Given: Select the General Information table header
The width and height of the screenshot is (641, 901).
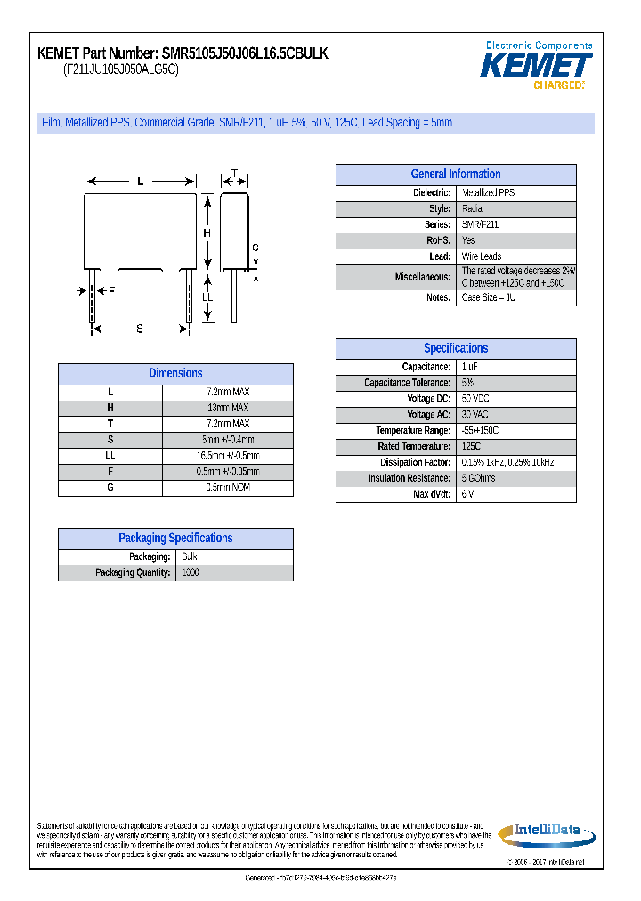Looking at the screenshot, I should [455, 175].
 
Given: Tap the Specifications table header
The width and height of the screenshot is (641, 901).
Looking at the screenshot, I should [455, 349].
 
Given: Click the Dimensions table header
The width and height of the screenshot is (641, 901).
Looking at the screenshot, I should [175, 374].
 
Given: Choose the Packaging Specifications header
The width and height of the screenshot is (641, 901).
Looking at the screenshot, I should [175, 539].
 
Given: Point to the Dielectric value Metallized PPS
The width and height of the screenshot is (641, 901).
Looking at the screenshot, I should [488, 193].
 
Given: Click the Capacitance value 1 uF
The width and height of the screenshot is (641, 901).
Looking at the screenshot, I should [470, 367].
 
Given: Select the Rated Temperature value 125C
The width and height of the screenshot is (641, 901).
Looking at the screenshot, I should [471, 447].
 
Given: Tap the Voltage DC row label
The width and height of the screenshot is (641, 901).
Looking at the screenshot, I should [428, 399].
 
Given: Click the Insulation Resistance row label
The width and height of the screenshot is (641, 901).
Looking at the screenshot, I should [409, 479].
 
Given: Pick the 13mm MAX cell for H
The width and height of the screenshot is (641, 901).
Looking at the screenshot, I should [228, 408].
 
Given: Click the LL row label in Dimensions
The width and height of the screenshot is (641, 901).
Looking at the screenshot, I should [110, 456].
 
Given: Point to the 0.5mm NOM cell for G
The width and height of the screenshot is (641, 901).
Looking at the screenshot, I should [228, 488].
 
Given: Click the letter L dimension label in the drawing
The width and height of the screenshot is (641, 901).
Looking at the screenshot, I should [140, 182].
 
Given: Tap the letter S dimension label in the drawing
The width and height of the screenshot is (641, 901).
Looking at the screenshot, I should [140, 329].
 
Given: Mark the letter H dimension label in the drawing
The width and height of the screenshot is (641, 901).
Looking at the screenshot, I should [207, 233].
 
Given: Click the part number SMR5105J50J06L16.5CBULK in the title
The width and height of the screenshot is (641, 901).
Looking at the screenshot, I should [245, 54].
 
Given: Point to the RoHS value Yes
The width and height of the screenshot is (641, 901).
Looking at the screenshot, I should [468, 241].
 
